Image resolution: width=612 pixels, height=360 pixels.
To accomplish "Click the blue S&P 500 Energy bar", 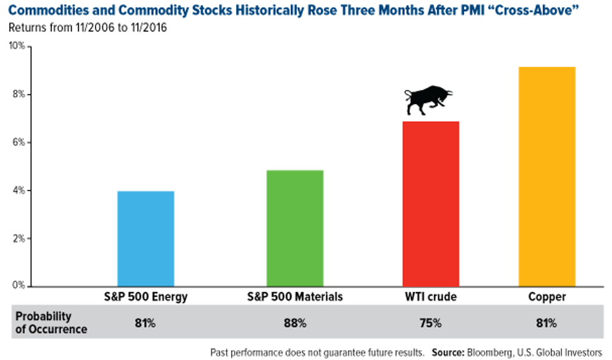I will coord(146,238).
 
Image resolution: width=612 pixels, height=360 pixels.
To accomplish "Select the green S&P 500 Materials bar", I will coord(295,228).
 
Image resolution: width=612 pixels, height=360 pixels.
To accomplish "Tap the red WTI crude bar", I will coord(431,203).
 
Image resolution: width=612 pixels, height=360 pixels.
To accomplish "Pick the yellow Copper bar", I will coord(546,176).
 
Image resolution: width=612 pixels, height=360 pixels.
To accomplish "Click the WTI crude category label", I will coord(430,297).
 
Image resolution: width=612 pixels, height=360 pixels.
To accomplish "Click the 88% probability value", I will coord(295,323).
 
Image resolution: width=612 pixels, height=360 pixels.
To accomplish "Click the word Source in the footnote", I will coord(448,352).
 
